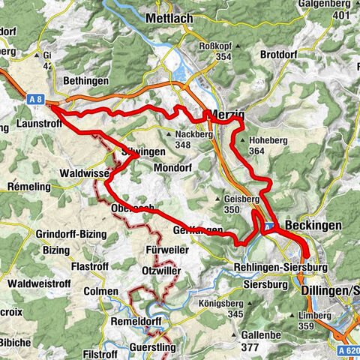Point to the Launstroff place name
coord(28,128)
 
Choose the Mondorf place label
coord(173,169)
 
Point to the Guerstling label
coord(151,347)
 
